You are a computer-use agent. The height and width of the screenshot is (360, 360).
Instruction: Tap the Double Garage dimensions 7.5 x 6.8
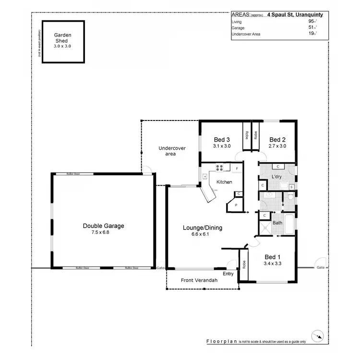coord(104,232)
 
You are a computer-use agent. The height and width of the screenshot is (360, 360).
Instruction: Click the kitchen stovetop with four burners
coord(220,168)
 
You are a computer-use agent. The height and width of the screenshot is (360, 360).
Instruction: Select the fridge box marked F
coord(237,168)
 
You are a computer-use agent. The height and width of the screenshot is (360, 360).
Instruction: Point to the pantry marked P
coord(236,205)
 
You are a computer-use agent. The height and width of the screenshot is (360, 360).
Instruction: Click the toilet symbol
coord(290,197)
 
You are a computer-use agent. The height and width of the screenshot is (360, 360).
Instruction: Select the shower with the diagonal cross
coord(265,227)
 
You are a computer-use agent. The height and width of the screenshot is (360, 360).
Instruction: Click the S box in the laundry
coord(291,187)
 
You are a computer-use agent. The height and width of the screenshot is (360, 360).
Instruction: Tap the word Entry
coord(228,274)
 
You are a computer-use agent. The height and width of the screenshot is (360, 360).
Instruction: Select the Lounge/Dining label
coord(203,228)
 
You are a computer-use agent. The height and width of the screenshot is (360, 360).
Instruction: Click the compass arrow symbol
coord(316,336)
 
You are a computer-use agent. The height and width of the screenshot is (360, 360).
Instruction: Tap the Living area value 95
coord(311,22)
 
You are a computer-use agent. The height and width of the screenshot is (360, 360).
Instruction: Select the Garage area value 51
coord(311,28)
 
